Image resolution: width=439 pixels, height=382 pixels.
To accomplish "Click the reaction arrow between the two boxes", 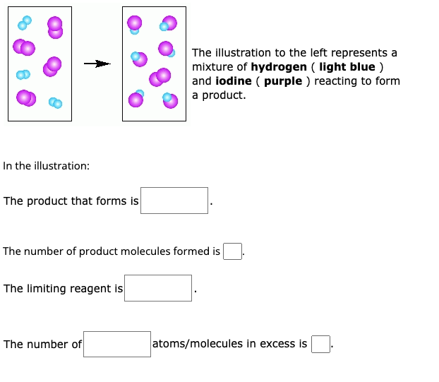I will (x=97, y=64).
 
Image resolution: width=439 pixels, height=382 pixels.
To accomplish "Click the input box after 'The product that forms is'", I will (x=174, y=201).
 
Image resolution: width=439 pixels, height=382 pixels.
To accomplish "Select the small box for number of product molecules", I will (x=232, y=251).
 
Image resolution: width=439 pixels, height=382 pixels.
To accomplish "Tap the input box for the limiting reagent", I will (x=158, y=288).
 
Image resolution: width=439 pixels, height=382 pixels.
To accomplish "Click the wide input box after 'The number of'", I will (x=117, y=344).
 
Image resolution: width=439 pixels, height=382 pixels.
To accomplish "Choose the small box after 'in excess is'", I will (x=320, y=344).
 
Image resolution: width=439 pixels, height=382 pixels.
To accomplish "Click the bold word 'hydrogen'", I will (x=279, y=67).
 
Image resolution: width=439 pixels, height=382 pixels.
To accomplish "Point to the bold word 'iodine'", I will (x=234, y=81).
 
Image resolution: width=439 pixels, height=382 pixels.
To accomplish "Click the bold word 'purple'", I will (x=283, y=81).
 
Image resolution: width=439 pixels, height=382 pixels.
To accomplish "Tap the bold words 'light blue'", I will (x=347, y=67).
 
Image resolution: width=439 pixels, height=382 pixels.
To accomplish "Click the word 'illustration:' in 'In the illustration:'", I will (x=60, y=166).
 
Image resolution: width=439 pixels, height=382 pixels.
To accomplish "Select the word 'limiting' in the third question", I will (x=44, y=289).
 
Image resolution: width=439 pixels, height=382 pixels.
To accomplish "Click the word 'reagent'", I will (x=91, y=289).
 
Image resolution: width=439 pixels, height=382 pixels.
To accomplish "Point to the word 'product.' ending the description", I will (x=224, y=95).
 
